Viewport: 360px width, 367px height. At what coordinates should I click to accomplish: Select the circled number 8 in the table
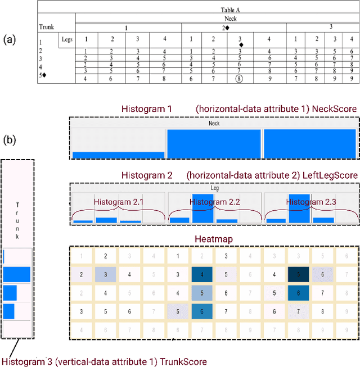[x=239, y=79]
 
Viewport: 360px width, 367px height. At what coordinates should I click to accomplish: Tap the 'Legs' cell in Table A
[x=66, y=39]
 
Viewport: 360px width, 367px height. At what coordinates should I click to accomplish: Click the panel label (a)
[x=11, y=39]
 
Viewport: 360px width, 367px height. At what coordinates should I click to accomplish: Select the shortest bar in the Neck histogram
[x=119, y=155]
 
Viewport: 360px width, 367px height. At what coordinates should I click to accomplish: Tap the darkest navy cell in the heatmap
[x=299, y=275]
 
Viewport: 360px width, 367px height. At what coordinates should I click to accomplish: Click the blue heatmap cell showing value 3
[x=105, y=275]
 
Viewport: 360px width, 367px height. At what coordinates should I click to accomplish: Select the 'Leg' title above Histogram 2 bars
[x=214, y=189]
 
